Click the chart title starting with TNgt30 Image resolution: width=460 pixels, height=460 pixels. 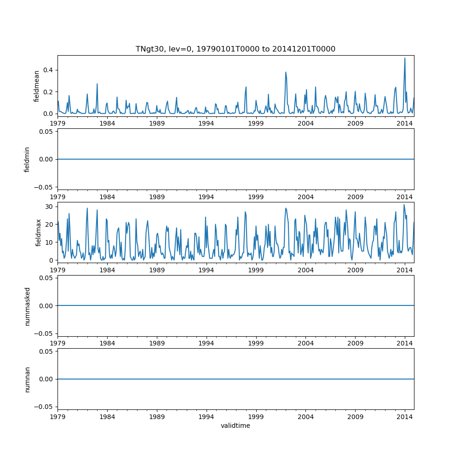[x=235, y=49]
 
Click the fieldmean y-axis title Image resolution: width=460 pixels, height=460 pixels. [x=36, y=86]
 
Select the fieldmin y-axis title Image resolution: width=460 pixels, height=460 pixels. [x=27, y=159]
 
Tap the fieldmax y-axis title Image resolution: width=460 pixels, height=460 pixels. [x=39, y=232]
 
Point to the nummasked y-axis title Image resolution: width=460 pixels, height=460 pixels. [x=27, y=306]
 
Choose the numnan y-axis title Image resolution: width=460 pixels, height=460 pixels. [x=27, y=379]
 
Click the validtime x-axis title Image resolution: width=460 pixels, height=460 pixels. [x=235, y=425]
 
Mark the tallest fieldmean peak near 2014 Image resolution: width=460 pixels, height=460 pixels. [x=405, y=58]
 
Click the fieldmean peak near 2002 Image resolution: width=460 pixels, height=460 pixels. [x=286, y=72]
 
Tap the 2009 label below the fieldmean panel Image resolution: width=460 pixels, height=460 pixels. [x=355, y=123]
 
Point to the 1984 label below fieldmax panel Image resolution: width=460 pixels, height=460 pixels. [x=107, y=270]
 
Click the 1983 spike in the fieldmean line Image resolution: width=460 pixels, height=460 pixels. [x=97, y=84]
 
